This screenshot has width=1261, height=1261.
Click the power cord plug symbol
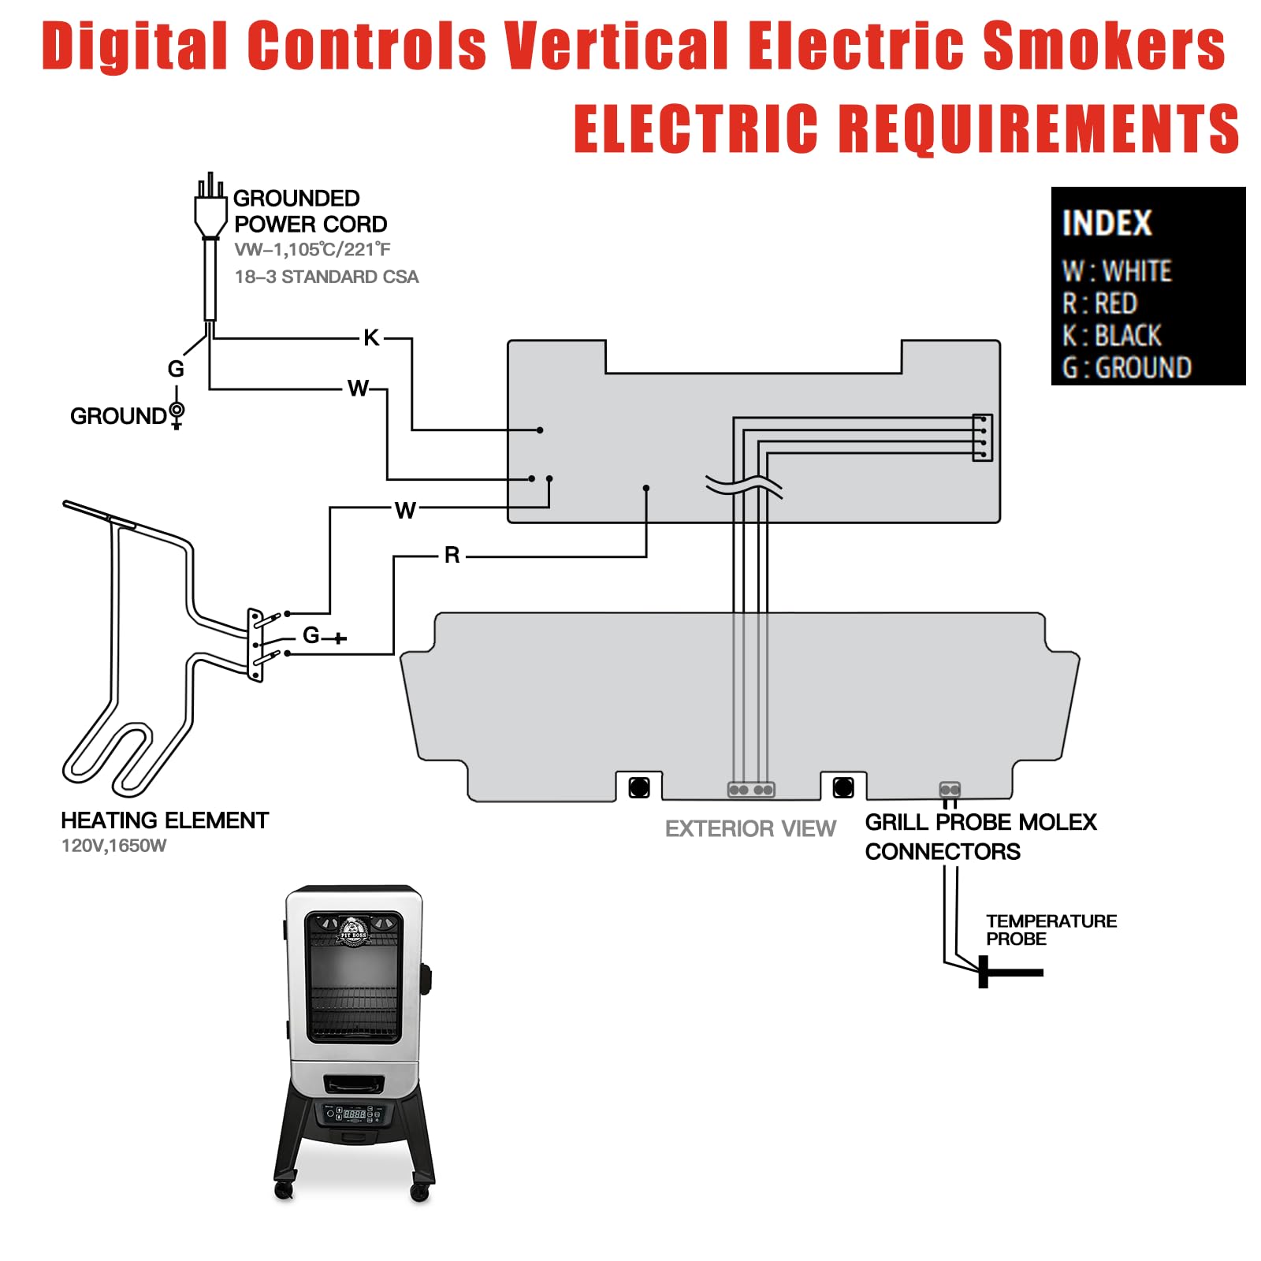(x=210, y=206)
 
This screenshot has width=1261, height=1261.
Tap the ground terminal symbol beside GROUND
(x=177, y=414)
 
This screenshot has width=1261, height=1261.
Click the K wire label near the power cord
(x=371, y=338)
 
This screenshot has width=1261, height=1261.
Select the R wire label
(x=452, y=555)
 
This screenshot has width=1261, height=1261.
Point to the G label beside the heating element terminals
(x=311, y=635)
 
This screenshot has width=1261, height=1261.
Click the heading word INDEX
(x=1107, y=223)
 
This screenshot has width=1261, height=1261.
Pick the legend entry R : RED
(x=1099, y=303)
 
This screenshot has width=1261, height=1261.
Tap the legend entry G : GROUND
(x=1127, y=368)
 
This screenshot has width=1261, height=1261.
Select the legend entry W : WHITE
(x=1117, y=271)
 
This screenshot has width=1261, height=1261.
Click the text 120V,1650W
(x=114, y=846)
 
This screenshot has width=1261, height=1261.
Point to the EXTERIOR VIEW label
(x=750, y=828)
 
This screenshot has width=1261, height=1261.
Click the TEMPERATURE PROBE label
(x=1051, y=930)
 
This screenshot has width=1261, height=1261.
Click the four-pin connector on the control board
(x=983, y=437)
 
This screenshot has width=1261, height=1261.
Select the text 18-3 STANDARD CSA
(x=326, y=277)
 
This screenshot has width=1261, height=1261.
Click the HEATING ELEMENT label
(x=165, y=820)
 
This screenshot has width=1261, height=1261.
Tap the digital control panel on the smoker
(x=354, y=1114)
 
